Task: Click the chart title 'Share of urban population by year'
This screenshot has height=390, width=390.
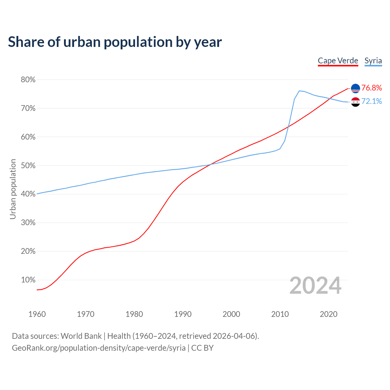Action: [x=115, y=42]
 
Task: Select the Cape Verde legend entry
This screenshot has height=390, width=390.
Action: [x=338, y=61]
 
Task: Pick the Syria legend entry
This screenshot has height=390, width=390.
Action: [x=373, y=61]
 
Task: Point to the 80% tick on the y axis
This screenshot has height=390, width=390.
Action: [x=28, y=80]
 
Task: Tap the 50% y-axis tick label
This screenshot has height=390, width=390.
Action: [x=28, y=166]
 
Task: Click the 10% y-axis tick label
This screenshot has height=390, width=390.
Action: [x=28, y=280]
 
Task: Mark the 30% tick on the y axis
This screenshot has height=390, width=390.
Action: [x=28, y=223]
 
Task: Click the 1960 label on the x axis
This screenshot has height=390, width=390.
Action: [x=37, y=314]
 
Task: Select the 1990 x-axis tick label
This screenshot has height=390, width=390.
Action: [x=183, y=314]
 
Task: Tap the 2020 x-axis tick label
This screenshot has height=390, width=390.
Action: [x=328, y=314]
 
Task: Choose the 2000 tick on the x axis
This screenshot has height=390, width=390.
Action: [x=231, y=314]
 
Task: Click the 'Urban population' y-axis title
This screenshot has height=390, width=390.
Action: [x=13, y=189]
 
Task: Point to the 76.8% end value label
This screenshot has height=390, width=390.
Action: [x=372, y=88]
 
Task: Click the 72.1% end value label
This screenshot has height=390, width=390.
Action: [x=372, y=101]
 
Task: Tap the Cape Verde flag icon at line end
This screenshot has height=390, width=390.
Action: [x=356, y=88]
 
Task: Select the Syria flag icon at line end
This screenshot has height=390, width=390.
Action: [x=356, y=102]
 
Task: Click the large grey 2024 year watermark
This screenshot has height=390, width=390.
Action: [x=315, y=285]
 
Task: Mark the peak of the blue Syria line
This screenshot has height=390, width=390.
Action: [x=299, y=91]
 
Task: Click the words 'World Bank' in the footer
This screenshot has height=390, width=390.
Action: [x=81, y=336]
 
